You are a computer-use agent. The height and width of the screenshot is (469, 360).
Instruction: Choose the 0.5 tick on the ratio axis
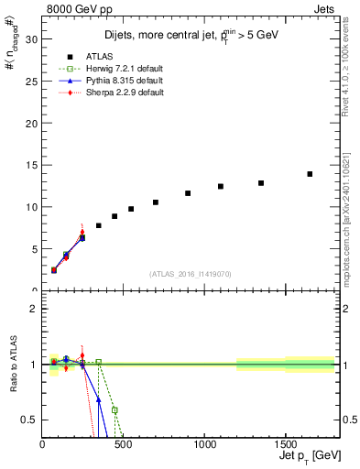pyautogui.click(x=28, y=420)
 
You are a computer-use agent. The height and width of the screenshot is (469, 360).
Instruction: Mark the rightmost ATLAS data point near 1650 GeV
pyautogui.click(x=310, y=174)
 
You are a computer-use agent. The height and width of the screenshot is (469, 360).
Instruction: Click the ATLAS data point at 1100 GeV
pyautogui.click(x=221, y=186)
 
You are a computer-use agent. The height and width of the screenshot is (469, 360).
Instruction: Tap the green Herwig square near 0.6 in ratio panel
pyautogui.click(x=115, y=409)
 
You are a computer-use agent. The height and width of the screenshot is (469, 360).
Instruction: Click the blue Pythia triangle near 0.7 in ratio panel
pyautogui.click(x=98, y=399)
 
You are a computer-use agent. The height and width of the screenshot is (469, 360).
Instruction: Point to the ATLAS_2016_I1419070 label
pyautogui.click(x=191, y=274)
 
